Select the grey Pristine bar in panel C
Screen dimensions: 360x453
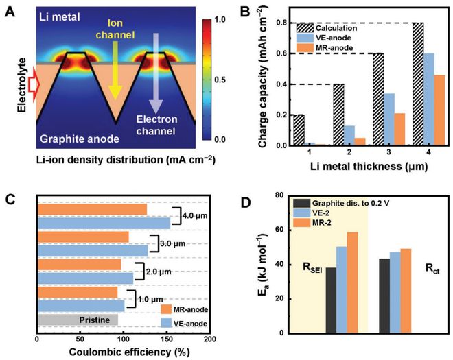pos(78,320)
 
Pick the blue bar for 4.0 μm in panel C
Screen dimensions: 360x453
pos(104,223)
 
